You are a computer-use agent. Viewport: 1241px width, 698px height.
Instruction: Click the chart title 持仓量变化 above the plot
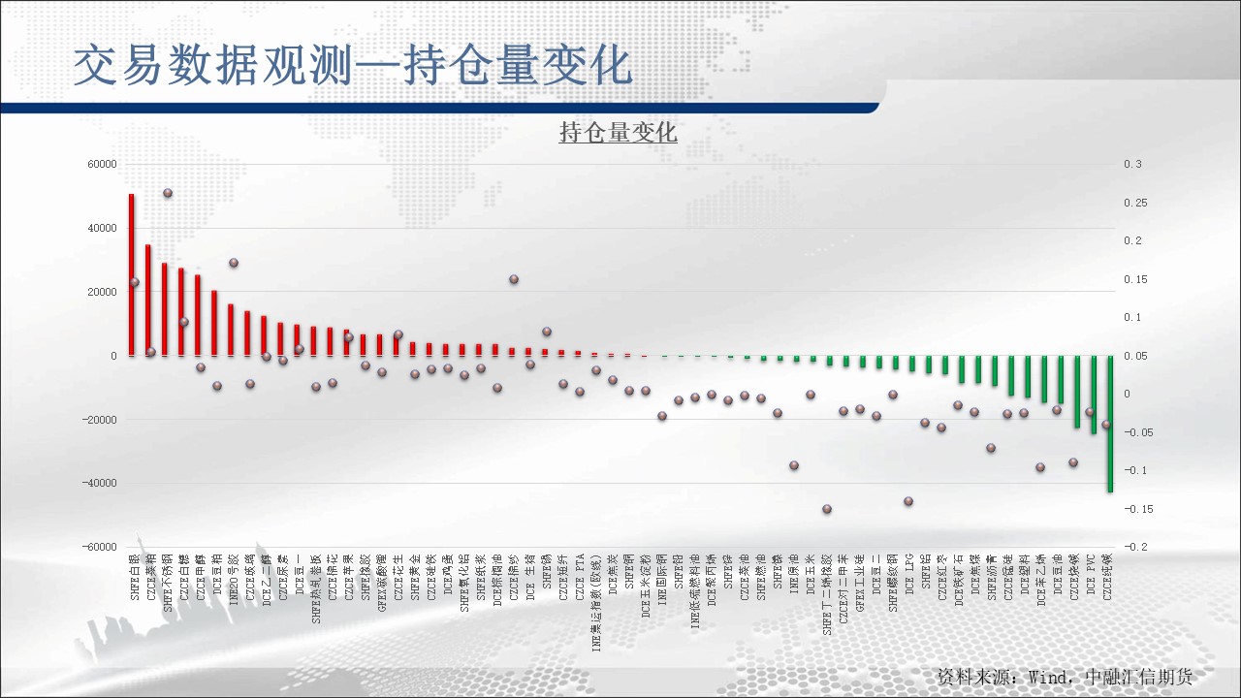coord(618,133)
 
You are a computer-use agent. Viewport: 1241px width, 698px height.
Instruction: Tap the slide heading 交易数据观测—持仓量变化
coord(353,66)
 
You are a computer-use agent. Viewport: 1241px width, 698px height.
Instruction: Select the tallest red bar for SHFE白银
coord(132,274)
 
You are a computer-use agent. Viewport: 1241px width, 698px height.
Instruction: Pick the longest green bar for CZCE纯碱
coord(1110,424)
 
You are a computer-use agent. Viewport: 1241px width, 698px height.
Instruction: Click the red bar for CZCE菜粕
coord(148,300)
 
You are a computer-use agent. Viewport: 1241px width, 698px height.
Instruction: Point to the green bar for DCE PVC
coord(1094,395)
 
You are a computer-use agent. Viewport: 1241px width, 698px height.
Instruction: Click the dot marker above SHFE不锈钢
coord(167,193)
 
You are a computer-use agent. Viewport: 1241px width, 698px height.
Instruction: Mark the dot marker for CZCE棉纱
coord(514,279)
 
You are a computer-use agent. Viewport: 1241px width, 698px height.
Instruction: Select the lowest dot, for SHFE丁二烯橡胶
coord(827,509)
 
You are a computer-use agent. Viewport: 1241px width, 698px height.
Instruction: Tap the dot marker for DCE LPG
coord(908,501)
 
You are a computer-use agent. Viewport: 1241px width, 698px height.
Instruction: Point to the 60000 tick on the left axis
coord(102,165)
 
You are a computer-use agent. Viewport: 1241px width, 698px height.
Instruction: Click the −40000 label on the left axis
coord(99,483)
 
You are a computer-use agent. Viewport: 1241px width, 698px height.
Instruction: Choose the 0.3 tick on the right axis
coord(1132,165)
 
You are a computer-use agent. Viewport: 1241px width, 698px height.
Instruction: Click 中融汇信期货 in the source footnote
coord(1138,677)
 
